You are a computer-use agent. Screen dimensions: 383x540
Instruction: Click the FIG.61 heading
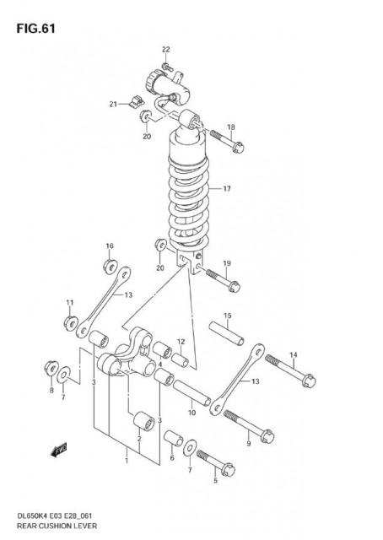[x=35, y=29]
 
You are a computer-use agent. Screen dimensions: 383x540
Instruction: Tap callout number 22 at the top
[x=166, y=50]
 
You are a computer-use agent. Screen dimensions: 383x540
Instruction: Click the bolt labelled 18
[x=227, y=141]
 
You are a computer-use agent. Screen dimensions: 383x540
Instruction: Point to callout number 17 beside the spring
[x=227, y=189]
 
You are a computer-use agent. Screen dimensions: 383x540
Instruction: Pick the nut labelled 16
[x=111, y=267]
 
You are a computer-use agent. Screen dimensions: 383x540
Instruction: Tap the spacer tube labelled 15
[x=227, y=333]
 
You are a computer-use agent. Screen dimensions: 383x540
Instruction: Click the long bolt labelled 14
[x=290, y=371]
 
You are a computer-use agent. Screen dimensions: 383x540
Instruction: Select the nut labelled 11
[x=71, y=323]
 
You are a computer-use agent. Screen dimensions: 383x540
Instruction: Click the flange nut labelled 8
[x=51, y=369]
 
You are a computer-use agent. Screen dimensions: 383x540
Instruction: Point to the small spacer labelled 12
[x=181, y=360]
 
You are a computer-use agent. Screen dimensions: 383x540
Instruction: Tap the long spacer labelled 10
[x=191, y=393]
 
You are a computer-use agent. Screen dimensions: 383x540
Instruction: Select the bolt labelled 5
[x=216, y=463]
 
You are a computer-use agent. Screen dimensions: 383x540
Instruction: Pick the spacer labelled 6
[x=173, y=438]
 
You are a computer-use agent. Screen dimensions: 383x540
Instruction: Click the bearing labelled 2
[x=143, y=421]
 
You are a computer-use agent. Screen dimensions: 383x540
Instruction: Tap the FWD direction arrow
[x=58, y=450]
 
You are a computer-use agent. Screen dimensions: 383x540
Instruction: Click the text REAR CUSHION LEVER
[x=57, y=526]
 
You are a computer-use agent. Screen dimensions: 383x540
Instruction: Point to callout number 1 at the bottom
[x=127, y=461]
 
